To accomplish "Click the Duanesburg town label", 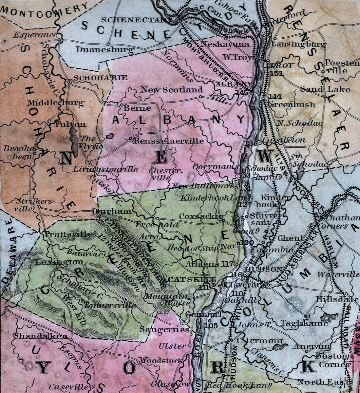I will pyautogui.click(x=105, y=49).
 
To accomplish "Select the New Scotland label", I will pyautogui.click(x=172, y=89).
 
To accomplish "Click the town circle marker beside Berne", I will pyautogui.click(x=122, y=105).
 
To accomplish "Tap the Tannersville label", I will pyautogui.click(x=110, y=305).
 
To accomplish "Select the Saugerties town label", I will pyautogui.click(x=164, y=329).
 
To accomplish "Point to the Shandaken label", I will pyautogui.click(x=41, y=336).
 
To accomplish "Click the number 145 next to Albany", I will pyautogui.click(x=244, y=93).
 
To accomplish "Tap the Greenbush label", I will pyautogui.click(x=292, y=105).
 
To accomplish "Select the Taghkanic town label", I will pyautogui.click(x=304, y=323).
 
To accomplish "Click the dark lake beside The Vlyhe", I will pyautogui.click(x=75, y=141).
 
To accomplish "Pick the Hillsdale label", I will pyautogui.click(x=337, y=299).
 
